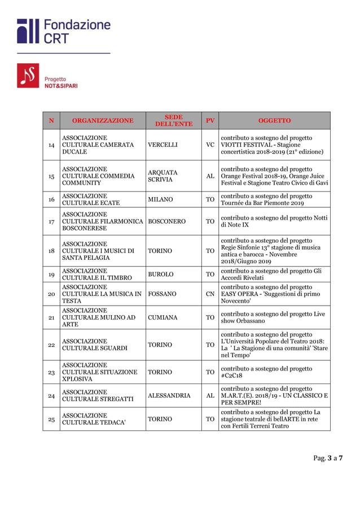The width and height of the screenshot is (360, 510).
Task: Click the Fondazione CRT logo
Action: click(x=63, y=32)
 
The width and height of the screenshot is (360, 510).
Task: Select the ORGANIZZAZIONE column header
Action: click(x=103, y=120)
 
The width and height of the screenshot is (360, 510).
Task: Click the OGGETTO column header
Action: click(x=274, y=120)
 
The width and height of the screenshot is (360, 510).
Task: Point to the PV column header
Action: click(x=210, y=120)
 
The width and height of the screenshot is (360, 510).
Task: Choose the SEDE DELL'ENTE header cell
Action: click(x=173, y=120)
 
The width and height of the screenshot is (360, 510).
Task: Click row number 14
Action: click(x=51, y=145)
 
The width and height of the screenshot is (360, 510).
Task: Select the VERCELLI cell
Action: click(x=163, y=145)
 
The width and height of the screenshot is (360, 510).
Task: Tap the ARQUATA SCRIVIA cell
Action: click(x=163, y=176)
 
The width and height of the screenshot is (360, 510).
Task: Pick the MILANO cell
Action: click(x=160, y=200)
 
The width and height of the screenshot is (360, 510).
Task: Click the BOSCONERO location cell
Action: click(x=166, y=222)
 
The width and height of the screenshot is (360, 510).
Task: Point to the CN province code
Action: click(x=210, y=294)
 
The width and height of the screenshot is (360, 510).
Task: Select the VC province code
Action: click(x=210, y=145)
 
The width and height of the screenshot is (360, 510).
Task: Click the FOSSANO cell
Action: click(x=162, y=294)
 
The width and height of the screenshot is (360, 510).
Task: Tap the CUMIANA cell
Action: click(x=163, y=318)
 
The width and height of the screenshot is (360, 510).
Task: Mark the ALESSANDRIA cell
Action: click(x=169, y=396)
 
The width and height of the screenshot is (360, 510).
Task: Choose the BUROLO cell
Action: click(x=160, y=274)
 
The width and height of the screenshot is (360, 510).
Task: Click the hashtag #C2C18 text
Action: click(x=231, y=376)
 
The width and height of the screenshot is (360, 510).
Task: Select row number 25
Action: click(x=51, y=419)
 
